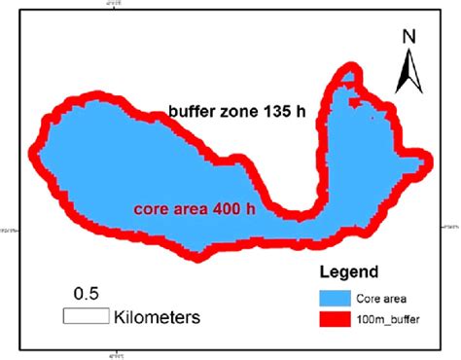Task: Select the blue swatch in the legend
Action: (338, 297)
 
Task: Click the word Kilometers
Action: (158, 316)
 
